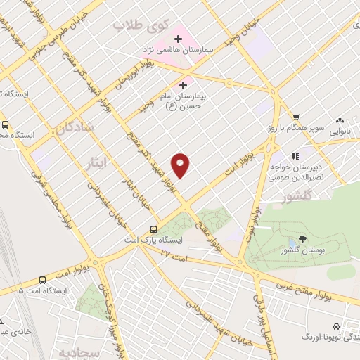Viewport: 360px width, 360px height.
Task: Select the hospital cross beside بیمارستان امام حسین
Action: pyautogui.click(x=184, y=84)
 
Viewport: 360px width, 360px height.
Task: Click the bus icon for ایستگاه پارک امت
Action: pyautogui.click(x=153, y=229)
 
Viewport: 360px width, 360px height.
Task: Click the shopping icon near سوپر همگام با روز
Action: pyautogui.click(x=297, y=117)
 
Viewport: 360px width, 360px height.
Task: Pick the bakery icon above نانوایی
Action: pyautogui.click(x=341, y=120)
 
